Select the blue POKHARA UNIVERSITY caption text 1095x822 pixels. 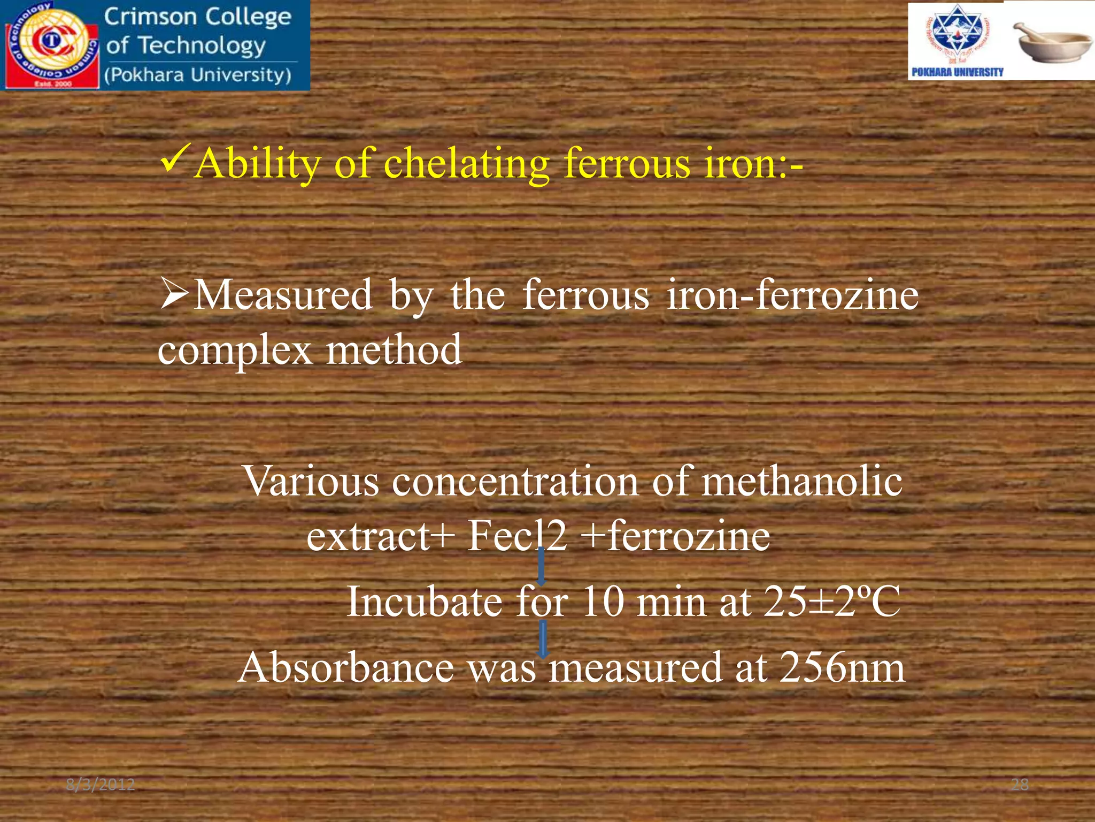(x=957, y=72)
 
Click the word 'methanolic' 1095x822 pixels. (x=801, y=481)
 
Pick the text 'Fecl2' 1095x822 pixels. (x=516, y=536)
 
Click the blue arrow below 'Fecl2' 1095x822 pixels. (x=541, y=566)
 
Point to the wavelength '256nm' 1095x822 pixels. (x=842, y=668)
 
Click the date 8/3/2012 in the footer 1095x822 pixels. (x=101, y=785)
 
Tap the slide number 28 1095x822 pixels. (x=1020, y=785)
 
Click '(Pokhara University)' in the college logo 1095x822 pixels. (x=198, y=75)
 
